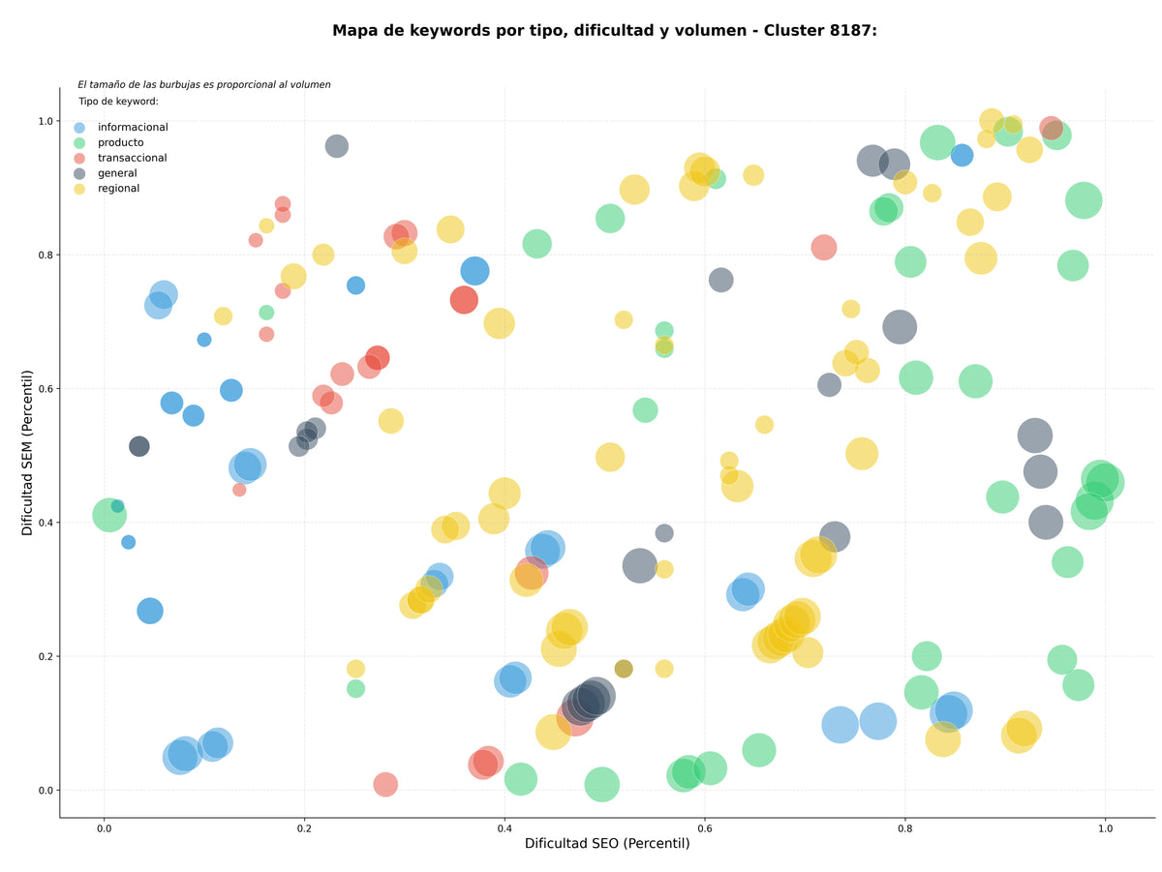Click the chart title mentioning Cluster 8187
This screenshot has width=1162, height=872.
point(604,31)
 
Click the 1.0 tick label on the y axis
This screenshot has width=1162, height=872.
point(46,121)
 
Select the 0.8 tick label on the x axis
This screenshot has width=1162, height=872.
point(904,828)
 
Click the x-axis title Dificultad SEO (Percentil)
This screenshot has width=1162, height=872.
point(607,843)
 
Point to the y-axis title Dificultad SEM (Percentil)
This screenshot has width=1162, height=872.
point(27,453)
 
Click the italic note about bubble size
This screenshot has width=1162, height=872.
point(204,84)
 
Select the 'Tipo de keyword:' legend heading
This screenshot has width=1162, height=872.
point(118,101)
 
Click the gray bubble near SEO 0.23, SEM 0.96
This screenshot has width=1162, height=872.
point(337,146)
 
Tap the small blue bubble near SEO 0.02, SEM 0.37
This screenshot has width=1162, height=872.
point(128,542)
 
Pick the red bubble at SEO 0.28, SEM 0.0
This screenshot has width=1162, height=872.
point(385,784)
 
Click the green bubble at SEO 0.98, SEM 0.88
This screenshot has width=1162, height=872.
point(1084,200)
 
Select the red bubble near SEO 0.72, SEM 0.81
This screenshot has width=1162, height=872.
point(824,247)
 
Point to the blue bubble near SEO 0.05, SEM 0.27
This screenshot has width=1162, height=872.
point(150,611)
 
